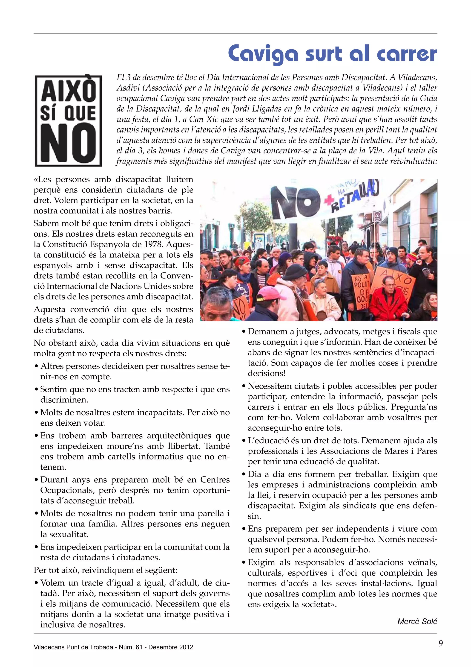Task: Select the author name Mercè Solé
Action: [x=417, y=621]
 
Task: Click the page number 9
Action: [x=441, y=643]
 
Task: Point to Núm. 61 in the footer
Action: [x=130, y=647]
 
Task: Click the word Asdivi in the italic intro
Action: [x=126, y=88]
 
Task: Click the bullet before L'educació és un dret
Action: [x=244, y=441]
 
